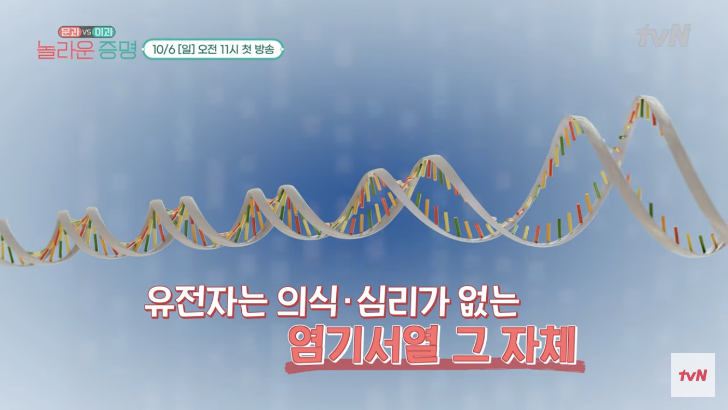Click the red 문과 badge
[69, 32]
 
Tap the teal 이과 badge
[103, 32]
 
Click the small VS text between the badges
[86, 32]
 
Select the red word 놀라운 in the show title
[65, 50]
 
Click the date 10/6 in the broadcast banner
[164, 49]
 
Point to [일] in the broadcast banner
[187, 49]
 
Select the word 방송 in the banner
[264, 49]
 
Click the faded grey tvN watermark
[663, 35]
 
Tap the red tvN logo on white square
[693, 375]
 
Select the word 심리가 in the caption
[403, 301]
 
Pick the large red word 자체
[539, 345]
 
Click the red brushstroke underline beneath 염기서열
[435, 366]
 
